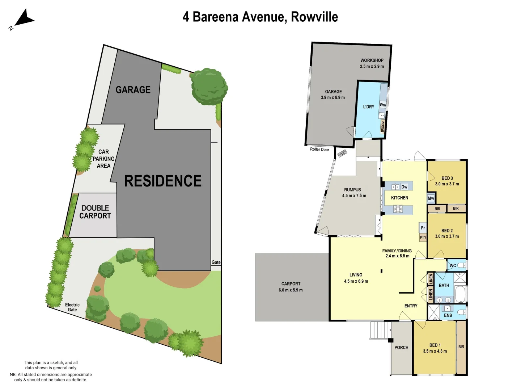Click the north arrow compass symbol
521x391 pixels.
pos(22,19)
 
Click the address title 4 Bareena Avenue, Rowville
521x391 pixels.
pos(260,17)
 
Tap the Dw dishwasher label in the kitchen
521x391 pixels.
pos(404,187)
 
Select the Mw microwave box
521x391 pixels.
pos(431,198)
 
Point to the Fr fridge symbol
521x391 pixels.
pos(423,228)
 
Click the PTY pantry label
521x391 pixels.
pos(423,237)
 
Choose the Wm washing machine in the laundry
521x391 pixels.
pos(382,105)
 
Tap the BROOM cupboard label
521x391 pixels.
pos(383,126)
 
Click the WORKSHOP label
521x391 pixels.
pos(372,60)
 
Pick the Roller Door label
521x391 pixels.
pos(319,150)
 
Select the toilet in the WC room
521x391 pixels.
pos(461,265)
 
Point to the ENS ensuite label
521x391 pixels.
pos(448,315)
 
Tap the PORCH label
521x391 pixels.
pos(401,348)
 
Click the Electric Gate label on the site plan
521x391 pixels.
pos(72,307)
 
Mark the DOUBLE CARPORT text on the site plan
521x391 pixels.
pos(95,212)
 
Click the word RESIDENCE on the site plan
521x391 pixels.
pos(163,181)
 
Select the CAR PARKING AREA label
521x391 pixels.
pos(103,159)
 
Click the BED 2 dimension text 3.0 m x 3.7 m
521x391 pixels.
pos(447,236)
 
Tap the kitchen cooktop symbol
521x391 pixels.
pos(398,209)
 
